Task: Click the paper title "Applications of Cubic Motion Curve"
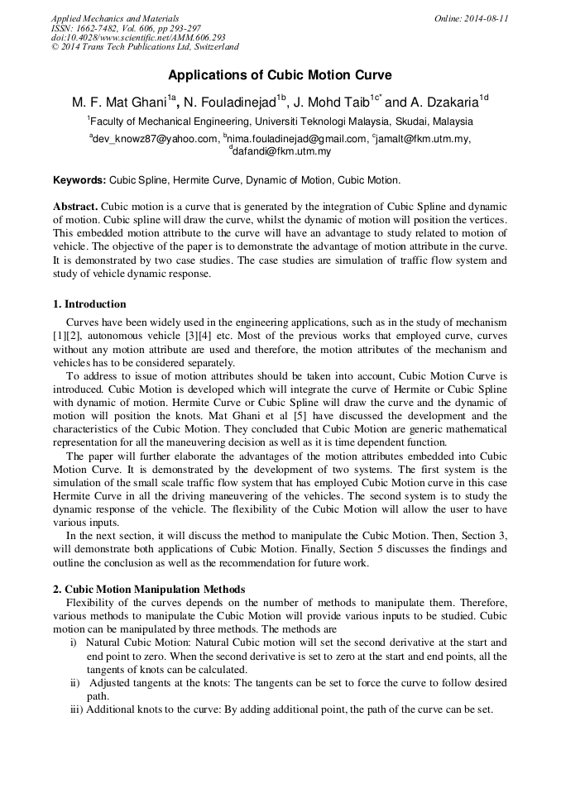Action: [x=280, y=75]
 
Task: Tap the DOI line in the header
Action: [x=138, y=38]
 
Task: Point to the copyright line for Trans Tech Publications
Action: [x=145, y=48]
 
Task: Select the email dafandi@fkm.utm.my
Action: [x=281, y=152]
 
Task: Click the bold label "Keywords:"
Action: [x=79, y=179]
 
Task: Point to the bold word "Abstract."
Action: [x=76, y=206]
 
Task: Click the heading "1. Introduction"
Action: [x=89, y=304]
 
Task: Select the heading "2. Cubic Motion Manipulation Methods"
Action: [x=149, y=589]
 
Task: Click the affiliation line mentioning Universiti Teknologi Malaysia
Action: [x=280, y=122]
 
